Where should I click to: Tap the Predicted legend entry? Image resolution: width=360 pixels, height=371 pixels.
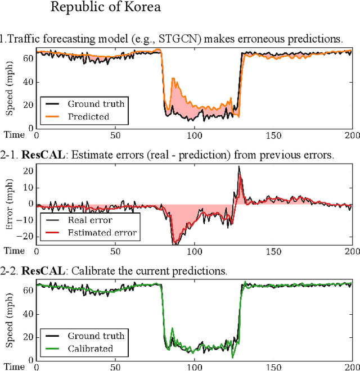(x=88, y=116)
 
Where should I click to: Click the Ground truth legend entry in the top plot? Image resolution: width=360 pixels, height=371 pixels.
(x=96, y=103)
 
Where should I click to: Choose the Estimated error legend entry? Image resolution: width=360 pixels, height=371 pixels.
(x=102, y=233)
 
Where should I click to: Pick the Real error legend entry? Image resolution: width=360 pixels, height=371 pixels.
(x=90, y=220)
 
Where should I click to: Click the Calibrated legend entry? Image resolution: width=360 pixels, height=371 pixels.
(x=90, y=349)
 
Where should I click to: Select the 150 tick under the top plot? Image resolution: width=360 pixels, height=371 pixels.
(x=274, y=135)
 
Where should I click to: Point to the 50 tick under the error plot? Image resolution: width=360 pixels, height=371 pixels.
(x=116, y=251)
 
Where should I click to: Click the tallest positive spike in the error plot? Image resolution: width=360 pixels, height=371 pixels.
(x=239, y=168)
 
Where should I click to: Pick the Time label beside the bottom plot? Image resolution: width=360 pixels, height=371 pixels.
(x=14, y=367)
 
